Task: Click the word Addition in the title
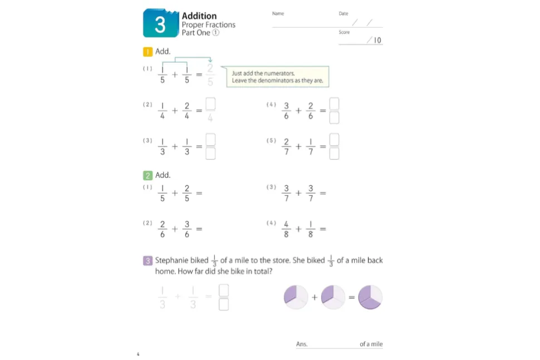199,16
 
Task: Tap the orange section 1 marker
148,52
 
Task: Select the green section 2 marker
148,175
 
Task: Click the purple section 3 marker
148,260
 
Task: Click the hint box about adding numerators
278,77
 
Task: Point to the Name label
278,13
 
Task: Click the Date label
343,13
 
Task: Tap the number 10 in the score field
377,40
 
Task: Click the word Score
344,32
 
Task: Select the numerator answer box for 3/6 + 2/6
334,103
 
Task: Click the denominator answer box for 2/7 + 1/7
334,154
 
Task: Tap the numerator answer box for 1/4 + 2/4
210,103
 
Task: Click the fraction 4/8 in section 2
286,229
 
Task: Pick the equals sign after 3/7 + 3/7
323,193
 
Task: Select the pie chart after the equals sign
370,297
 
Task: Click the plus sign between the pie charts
315,297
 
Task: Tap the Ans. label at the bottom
302,344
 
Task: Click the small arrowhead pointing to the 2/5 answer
210,60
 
